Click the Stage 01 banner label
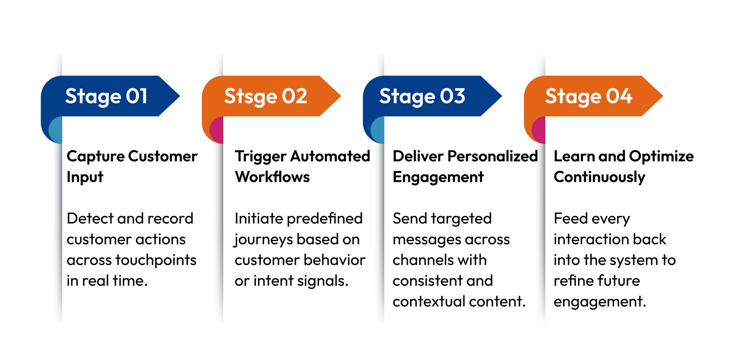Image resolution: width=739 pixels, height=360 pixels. tap(106, 96)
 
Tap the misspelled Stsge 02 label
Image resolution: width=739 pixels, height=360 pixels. tap(265, 96)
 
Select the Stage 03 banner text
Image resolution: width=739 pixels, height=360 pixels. tap(422, 96)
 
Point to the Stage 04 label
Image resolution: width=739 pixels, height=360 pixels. tap(589, 96)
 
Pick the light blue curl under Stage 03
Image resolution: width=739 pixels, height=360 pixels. tap(378, 130)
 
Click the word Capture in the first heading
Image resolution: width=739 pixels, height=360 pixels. tap(96, 157)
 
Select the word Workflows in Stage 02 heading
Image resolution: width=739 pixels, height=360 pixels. tap(272, 177)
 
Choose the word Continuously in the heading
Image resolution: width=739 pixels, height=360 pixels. tap(599, 177)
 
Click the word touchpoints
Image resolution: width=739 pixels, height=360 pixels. tap(156, 260)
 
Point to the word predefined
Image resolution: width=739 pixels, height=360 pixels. tap(325, 219)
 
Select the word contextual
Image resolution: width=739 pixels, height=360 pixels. tap(428, 302)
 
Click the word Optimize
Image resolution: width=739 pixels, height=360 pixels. tap(661, 157)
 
